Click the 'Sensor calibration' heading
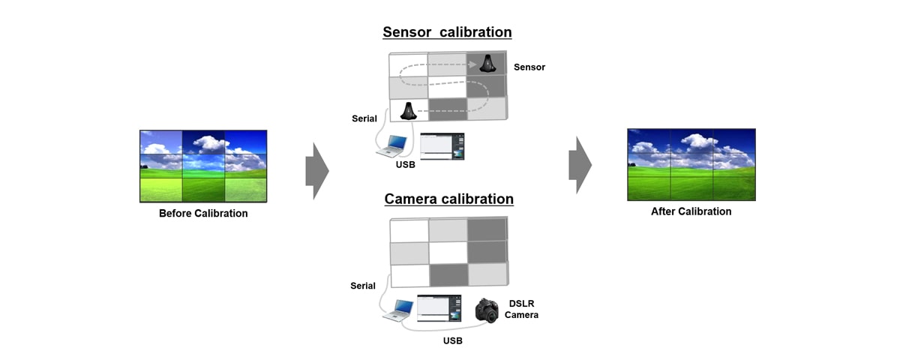tap(447, 32)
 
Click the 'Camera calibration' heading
tap(448, 199)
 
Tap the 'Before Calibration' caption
tap(203, 214)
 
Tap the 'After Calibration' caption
tap(691, 211)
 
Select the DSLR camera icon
tap(487, 310)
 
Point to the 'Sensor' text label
tap(529, 67)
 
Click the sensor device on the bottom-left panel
tap(409, 111)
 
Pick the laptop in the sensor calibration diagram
tap(393, 145)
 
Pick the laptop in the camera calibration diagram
tap(397, 309)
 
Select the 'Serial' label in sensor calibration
tap(364, 118)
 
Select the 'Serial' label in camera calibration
tap(363, 286)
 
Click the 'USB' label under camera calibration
tap(452, 341)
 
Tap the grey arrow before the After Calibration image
tap(580, 165)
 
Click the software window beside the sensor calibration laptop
tap(442, 145)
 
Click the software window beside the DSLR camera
tap(439, 308)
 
